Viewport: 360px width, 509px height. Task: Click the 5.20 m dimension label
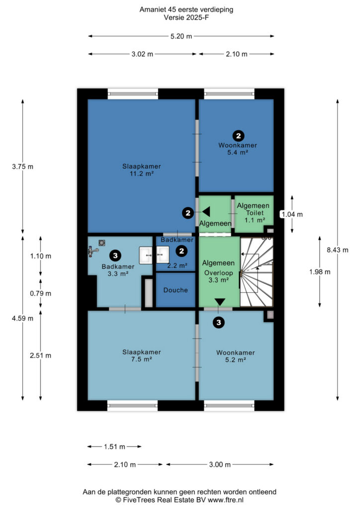coord(181,36)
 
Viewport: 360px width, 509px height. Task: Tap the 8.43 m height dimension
coord(338,250)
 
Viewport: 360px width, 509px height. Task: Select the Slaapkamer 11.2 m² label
coord(142,170)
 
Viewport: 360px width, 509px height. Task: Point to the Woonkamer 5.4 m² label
coord(238,149)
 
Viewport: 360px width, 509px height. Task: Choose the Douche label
coord(176,290)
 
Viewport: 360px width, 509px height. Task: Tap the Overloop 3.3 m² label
coord(218,276)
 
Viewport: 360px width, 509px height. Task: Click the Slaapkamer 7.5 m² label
coord(142,355)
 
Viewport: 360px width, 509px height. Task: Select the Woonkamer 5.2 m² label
coord(235,356)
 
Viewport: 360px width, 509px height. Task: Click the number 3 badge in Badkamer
coord(115,255)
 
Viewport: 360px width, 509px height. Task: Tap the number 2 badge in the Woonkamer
coord(239,136)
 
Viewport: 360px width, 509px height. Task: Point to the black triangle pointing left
coord(206,212)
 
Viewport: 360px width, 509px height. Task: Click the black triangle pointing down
coord(220,302)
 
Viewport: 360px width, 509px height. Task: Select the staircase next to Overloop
coord(257,271)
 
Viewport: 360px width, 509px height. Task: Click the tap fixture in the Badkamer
coord(93,251)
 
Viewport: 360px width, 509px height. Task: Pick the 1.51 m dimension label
coord(114,447)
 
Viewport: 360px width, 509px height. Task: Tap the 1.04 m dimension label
coord(292,214)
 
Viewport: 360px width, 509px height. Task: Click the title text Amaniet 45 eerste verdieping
coord(186,9)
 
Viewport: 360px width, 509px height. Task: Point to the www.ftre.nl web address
coord(226,500)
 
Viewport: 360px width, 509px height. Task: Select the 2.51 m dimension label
coord(41,355)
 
